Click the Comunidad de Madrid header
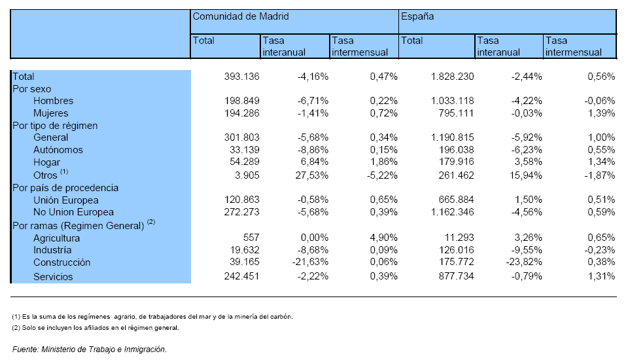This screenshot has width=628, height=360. pos(241,16)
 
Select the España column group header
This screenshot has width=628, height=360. pos(417,16)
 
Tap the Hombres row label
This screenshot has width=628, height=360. pos(53,101)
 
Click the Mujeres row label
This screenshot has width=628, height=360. pos(51,113)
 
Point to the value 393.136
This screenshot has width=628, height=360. pos(241,76)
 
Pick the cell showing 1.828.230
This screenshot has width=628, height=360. pos(452,76)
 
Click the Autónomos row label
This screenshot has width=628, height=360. pos(58,150)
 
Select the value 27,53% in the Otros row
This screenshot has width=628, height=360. pos(311,175)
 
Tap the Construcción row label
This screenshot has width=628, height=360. pos(61,262)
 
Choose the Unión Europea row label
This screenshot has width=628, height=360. pos(65,200)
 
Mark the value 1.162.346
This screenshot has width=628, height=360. pos(452,211)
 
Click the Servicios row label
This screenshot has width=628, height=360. pos(53,277)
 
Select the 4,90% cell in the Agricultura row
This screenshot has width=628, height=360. pos(384,238)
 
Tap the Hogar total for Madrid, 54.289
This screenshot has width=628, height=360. pos(241,162)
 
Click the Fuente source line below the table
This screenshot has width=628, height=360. pos(90,349)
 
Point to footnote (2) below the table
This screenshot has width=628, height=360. pos(96,327)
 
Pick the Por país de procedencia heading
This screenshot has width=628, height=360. pos(65,188)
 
